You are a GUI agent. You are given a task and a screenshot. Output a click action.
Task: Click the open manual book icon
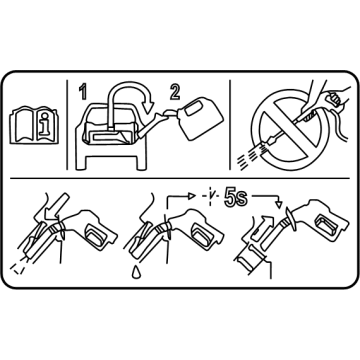pyautogui.click(x=34, y=125)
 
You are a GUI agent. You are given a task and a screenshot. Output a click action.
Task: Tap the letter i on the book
pyautogui.click(x=44, y=124)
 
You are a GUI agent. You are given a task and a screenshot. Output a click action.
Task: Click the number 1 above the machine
pyautogui.click(x=83, y=92)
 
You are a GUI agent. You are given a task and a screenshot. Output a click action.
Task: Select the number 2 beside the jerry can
pyautogui.click(x=175, y=92)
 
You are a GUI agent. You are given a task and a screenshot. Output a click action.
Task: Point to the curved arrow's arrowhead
pyautogui.click(x=148, y=106)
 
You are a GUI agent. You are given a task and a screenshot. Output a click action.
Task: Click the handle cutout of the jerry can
pyautogui.click(x=192, y=111)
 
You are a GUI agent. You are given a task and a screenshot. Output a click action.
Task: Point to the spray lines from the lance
pyautogui.click(x=250, y=156)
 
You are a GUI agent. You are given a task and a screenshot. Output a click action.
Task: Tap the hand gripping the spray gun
pyautogui.click(x=328, y=97)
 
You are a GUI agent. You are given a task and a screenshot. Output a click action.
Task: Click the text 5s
pyautogui.click(x=236, y=199)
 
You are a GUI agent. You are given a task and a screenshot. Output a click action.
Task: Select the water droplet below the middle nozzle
pyautogui.click(x=136, y=272)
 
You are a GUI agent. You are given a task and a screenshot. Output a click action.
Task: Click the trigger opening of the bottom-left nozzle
pyautogui.click(x=96, y=234)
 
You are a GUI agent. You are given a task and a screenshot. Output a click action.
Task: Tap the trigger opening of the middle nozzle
pyautogui.click(x=202, y=234)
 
